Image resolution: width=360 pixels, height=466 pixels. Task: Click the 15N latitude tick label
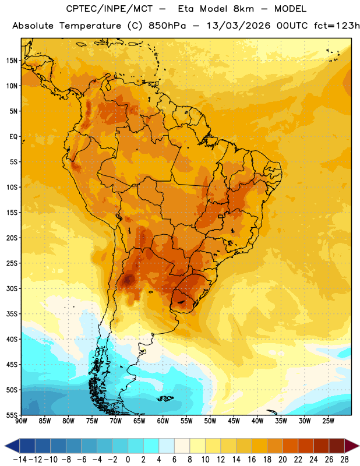point(12,61)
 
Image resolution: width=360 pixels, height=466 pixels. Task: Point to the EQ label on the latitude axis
point(13,137)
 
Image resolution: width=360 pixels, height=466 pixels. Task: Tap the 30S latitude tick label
point(12,288)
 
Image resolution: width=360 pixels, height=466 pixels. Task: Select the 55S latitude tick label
point(12,415)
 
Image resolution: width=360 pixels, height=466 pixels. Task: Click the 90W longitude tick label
point(21,421)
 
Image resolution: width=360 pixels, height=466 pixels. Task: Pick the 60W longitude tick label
point(163,421)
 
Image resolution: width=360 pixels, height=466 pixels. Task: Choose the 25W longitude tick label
point(328,421)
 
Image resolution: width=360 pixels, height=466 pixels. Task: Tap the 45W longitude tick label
point(234,421)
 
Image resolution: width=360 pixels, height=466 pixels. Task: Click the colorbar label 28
point(344,460)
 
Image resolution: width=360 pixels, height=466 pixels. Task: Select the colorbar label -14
point(20,460)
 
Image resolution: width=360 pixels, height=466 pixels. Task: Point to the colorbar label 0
point(128,460)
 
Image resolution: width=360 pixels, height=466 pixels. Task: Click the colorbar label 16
point(252,460)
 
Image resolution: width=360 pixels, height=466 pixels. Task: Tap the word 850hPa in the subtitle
point(167,26)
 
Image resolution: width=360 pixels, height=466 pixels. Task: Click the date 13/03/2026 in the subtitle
point(238,26)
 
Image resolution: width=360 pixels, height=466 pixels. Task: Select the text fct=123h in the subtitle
point(337,26)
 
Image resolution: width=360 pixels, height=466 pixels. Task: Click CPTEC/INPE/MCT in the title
point(109,9)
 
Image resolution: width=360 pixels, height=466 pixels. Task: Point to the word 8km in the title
point(243,9)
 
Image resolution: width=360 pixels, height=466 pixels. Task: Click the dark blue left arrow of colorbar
point(12,446)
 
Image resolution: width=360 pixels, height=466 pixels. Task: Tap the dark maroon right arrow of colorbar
point(352,446)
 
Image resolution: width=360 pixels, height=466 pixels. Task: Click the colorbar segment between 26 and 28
point(337,446)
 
